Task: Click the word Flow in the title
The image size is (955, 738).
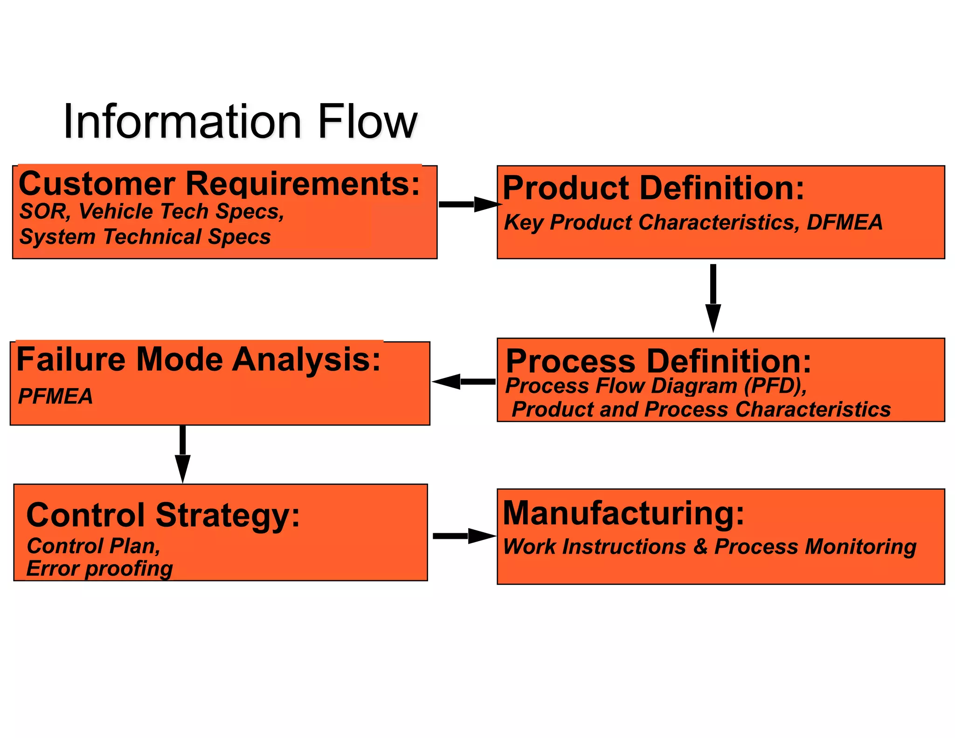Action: (367, 122)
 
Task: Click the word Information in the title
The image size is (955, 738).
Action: (182, 122)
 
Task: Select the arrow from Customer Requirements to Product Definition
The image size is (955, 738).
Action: (468, 204)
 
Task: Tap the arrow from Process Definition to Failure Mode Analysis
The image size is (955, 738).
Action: (464, 382)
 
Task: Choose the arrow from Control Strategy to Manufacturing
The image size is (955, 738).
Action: (464, 536)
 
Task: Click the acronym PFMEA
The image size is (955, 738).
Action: (55, 397)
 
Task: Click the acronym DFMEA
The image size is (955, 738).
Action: (844, 223)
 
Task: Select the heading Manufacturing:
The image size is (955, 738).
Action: (623, 513)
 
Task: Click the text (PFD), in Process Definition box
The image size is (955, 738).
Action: (775, 386)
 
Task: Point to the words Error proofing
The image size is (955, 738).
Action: (99, 569)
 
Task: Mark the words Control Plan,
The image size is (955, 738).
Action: (94, 546)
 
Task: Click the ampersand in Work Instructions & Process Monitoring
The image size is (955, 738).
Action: (700, 547)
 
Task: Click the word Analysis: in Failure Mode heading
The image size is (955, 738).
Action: (306, 360)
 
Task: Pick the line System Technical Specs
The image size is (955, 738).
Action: (145, 237)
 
